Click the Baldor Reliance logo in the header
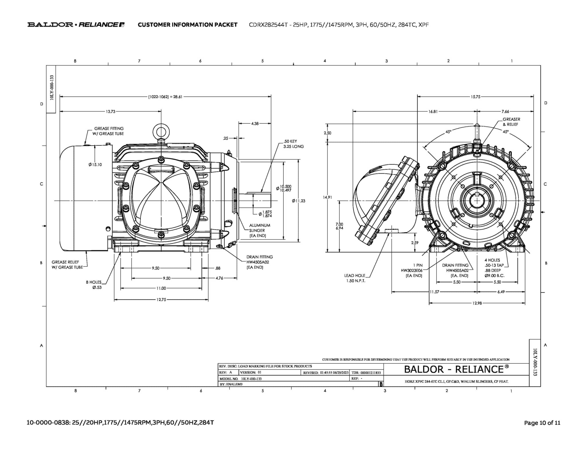[x=76, y=25]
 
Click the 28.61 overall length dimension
[x=165, y=97]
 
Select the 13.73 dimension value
[x=110, y=111]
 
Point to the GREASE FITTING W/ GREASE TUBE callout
[x=108, y=131]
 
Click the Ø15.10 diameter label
[x=95, y=165]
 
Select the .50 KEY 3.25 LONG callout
[x=293, y=144]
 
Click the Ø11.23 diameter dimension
[x=299, y=201]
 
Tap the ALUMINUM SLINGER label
[x=259, y=228]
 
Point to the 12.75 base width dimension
[x=161, y=300]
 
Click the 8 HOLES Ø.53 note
[x=94, y=285]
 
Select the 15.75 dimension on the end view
[x=475, y=97]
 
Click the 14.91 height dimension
[x=327, y=197]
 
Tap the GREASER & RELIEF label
[x=511, y=122]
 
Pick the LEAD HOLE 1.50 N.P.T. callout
[x=355, y=278]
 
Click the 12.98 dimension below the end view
[x=477, y=303]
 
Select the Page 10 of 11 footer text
[x=542, y=423]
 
